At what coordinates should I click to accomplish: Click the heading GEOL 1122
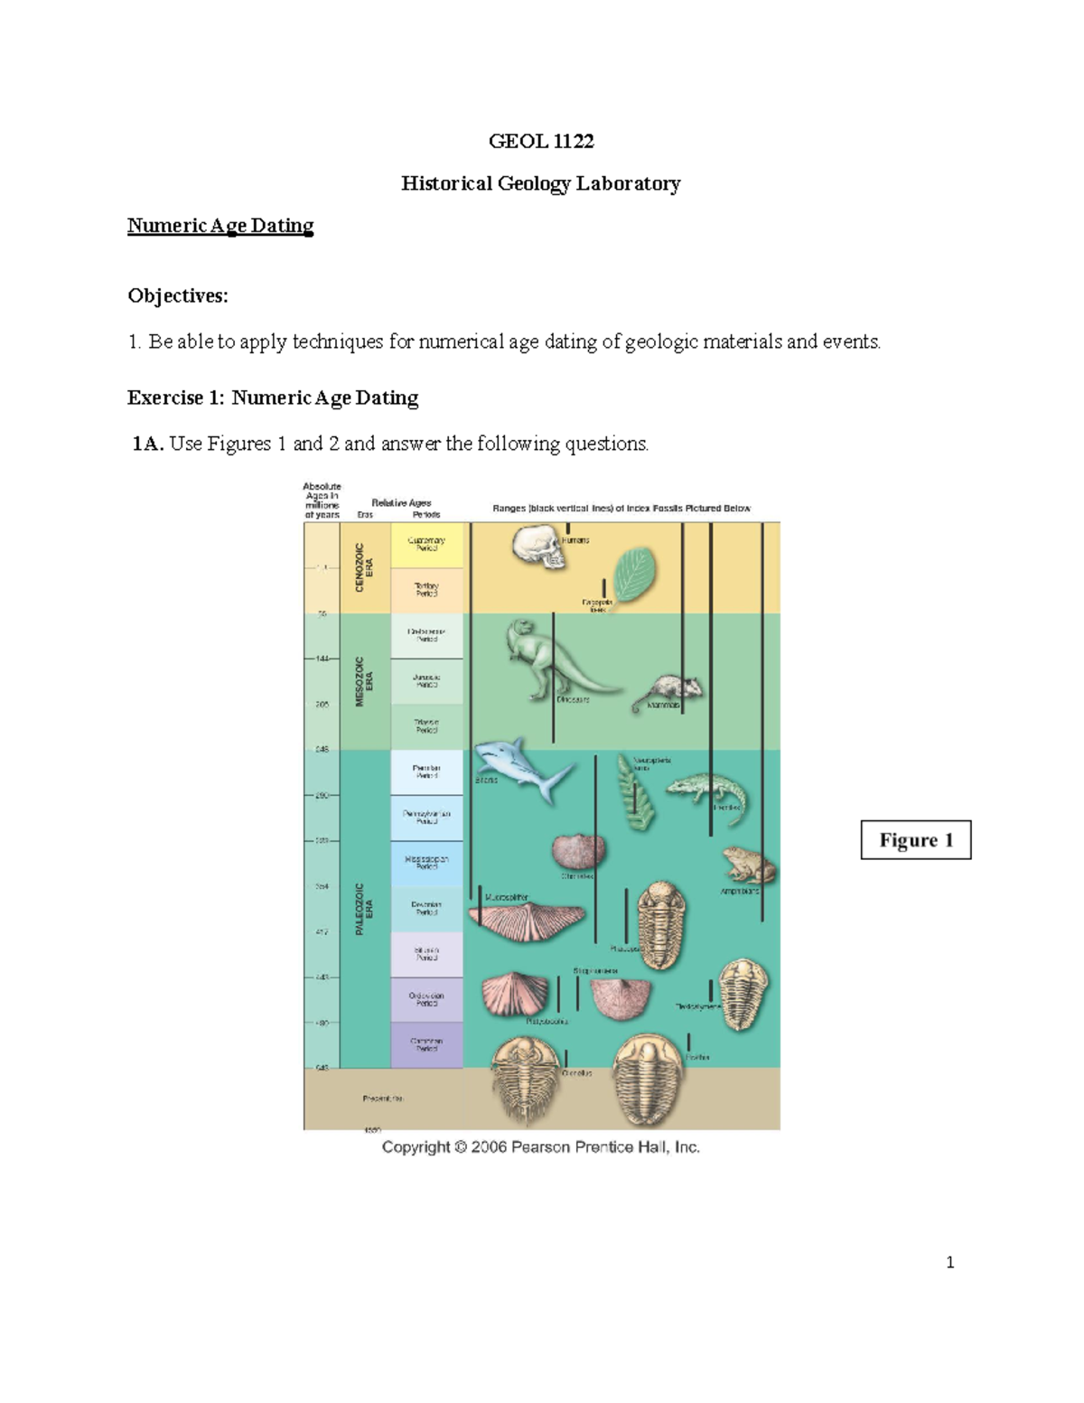click(x=541, y=141)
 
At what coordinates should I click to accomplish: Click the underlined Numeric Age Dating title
click(x=220, y=226)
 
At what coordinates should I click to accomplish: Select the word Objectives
click(x=177, y=296)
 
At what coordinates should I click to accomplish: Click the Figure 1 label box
click(x=915, y=840)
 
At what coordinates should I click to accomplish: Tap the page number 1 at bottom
click(x=949, y=1263)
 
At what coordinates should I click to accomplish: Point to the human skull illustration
click(x=538, y=547)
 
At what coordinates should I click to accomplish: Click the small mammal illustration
click(x=673, y=691)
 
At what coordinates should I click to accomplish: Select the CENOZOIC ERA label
click(x=364, y=567)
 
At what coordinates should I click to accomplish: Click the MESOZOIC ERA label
click(x=364, y=681)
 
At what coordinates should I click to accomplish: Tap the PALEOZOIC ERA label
click(x=364, y=908)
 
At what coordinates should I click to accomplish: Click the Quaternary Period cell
click(x=426, y=545)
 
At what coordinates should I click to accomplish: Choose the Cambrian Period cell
click(x=426, y=1045)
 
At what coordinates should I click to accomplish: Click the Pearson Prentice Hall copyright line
click(x=540, y=1147)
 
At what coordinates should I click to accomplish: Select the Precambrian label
click(x=383, y=1099)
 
